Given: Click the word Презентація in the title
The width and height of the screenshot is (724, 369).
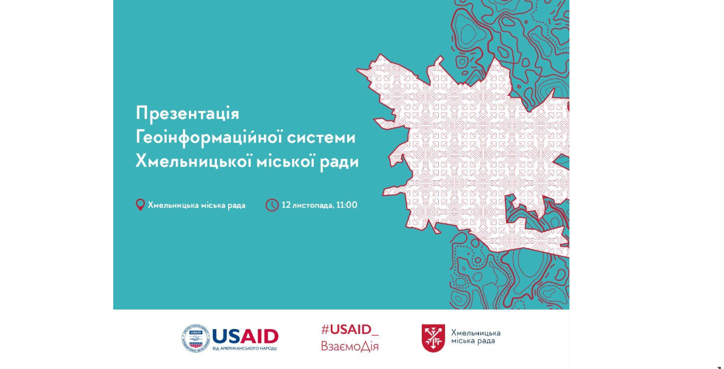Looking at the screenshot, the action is [187, 113].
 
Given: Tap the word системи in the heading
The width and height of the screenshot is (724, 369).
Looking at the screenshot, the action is [321, 138].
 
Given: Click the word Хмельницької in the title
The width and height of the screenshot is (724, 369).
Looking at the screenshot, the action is [194, 161].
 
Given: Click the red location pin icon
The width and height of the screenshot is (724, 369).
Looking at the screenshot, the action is [140, 205].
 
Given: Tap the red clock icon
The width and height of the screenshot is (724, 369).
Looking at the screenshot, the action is [272, 205].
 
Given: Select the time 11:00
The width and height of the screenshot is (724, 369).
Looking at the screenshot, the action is [347, 205].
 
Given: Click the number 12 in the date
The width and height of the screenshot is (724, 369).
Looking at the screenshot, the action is [286, 205].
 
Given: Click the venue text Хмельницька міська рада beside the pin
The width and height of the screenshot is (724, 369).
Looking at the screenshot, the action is [196, 205].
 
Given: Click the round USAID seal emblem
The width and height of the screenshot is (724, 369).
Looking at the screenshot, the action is [195, 338].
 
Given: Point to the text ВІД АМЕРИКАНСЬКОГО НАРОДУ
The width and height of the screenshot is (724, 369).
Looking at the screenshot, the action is [245, 348].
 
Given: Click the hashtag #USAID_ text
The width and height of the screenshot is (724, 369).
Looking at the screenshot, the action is [350, 330].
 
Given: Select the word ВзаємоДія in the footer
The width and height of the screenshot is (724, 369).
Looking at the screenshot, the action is [349, 346].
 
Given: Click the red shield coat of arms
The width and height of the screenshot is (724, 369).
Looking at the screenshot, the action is [433, 338].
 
